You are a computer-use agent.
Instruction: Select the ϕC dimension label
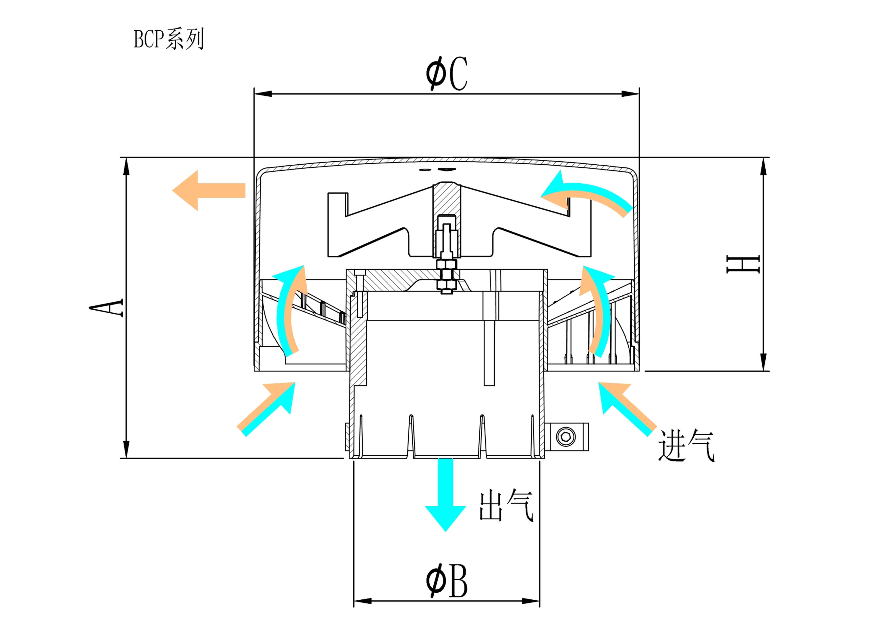coord(447,73)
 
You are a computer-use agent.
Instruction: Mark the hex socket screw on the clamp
coord(566,437)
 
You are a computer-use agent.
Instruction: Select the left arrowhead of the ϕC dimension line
coord(263,94)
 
